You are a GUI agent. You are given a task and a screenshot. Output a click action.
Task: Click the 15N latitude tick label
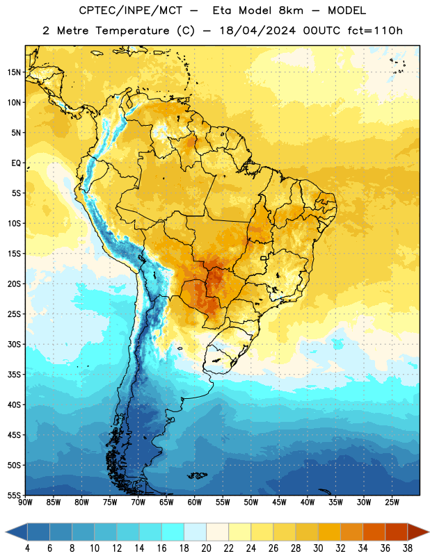point(14,72)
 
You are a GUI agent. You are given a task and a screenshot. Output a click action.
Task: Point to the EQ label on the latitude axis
point(16,163)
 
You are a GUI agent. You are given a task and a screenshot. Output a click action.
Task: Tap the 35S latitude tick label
point(14,375)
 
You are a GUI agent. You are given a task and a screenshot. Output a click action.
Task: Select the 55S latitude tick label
point(14,496)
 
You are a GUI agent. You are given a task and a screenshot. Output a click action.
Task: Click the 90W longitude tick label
point(25,502)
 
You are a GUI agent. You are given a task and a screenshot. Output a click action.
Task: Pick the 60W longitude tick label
point(195,502)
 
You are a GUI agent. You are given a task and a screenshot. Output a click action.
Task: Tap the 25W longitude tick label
point(392,502)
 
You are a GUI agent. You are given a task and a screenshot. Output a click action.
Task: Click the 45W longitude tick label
point(279,502)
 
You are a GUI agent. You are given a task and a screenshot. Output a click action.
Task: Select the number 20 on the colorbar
point(206,548)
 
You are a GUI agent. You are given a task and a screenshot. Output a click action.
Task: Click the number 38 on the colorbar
point(407,548)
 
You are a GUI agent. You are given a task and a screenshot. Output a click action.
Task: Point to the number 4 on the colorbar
point(27,548)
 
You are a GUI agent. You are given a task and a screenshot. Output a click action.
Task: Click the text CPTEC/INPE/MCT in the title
point(130,10)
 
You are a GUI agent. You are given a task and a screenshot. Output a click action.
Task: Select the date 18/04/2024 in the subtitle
point(257,31)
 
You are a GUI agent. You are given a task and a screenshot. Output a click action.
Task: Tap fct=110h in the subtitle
point(375,31)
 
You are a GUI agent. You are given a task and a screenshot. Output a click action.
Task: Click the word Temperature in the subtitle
point(132,31)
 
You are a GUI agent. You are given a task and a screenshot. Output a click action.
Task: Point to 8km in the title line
point(291,10)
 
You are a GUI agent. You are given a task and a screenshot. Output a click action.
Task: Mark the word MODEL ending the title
point(347,10)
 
